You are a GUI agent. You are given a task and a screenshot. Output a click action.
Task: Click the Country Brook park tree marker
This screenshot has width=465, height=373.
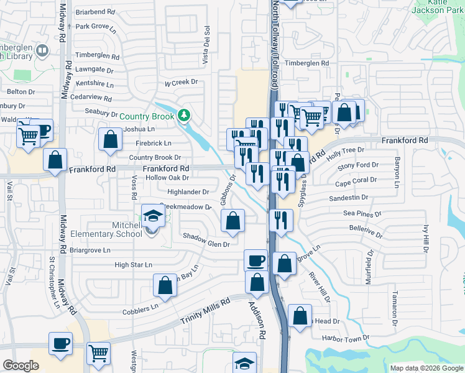point(183,115)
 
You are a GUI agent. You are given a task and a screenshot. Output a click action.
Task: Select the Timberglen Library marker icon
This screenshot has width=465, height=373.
point(42,50)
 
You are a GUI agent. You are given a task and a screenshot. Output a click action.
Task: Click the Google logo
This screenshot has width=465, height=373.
point(21,366)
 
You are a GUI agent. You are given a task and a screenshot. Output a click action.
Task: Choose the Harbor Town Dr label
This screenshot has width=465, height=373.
point(346,338)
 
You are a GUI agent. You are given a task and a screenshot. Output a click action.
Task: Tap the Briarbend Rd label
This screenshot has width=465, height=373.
point(95,12)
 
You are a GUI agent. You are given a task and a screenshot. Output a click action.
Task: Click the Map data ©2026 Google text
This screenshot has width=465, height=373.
point(427,368)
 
